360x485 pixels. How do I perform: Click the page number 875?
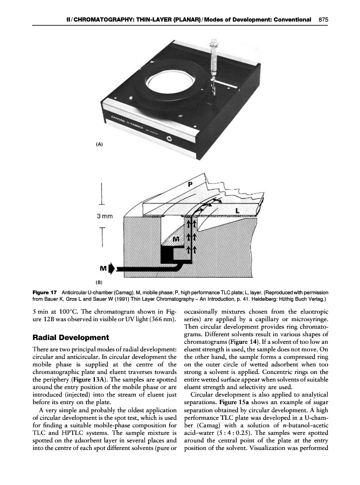(x=323, y=19)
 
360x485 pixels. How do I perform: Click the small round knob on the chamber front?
(x=169, y=140)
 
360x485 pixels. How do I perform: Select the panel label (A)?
(x=100, y=144)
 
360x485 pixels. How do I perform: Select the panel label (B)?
(x=99, y=281)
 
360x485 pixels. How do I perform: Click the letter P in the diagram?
(x=190, y=184)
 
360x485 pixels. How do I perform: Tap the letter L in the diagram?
(x=237, y=209)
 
